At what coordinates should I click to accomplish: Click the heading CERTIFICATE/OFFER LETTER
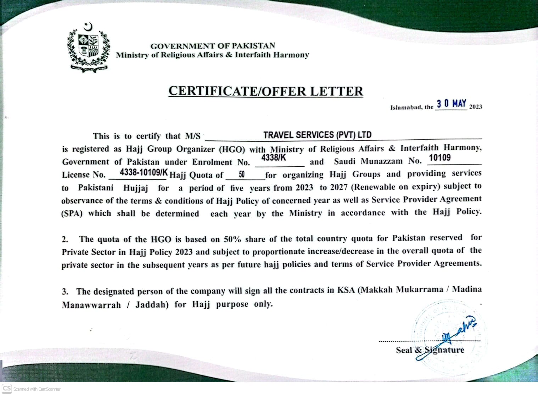click(266, 91)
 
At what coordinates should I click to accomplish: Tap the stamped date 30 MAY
click(451, 104)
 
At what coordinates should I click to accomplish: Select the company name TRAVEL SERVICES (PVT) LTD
click(317, 135)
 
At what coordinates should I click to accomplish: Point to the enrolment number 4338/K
click(273, 158)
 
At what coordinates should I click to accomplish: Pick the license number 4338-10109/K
click(144, 173)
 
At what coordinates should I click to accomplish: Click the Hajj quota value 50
click(242, 174)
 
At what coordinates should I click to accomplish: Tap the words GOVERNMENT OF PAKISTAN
click(213, 46)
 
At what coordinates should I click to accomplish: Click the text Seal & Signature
click(430, 350)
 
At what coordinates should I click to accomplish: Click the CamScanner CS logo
click(7, 388)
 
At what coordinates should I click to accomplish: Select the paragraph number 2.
click(65, 239)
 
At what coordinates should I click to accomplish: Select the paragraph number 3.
click(65, 292)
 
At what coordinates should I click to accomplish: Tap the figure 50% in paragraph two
click(232, 239)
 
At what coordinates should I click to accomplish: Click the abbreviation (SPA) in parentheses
click(72, 213)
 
